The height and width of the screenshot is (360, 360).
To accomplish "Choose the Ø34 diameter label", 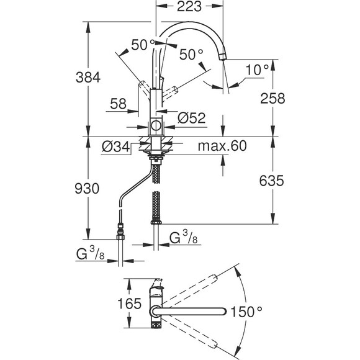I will [115, 147].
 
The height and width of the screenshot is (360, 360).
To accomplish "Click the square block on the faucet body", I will [156, 127].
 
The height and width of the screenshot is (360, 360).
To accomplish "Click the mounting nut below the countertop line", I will [156, 149].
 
